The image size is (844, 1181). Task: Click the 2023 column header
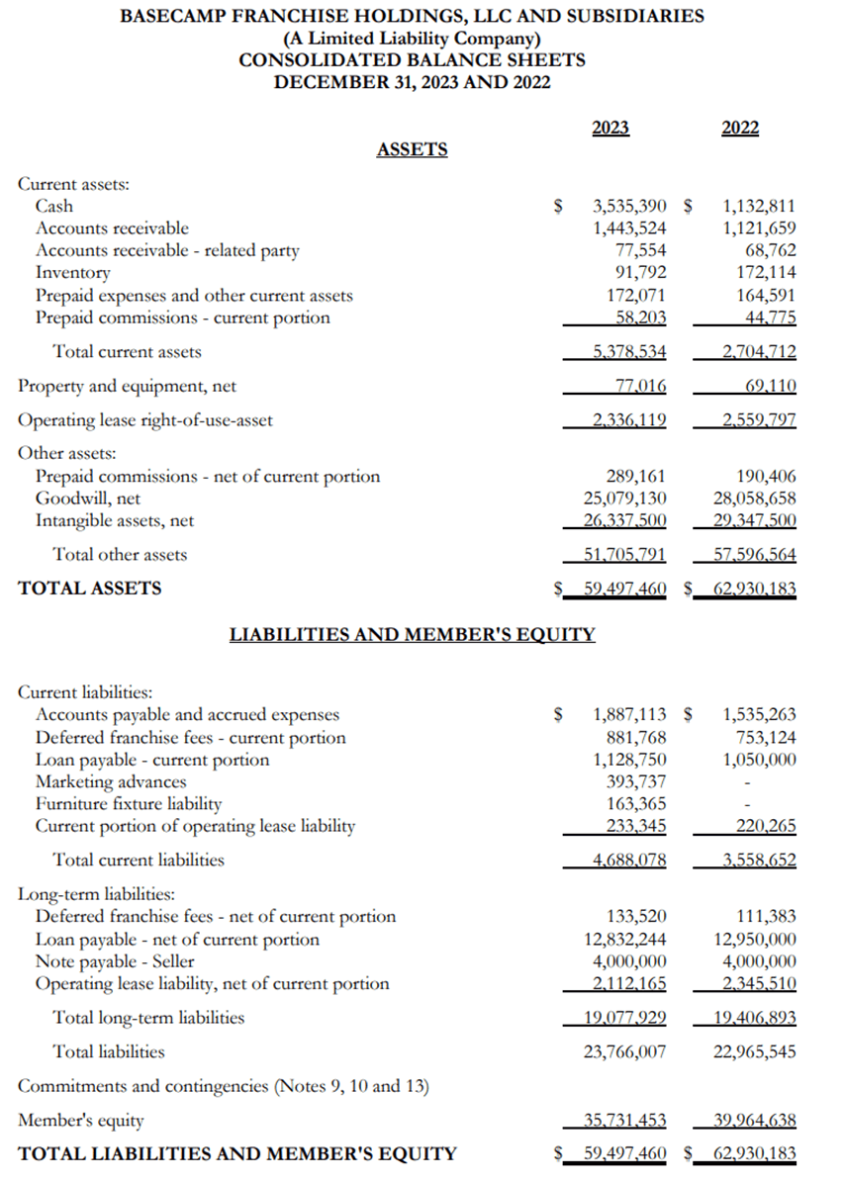click(x=610, y=128)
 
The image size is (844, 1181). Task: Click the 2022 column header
click(x=740, y=128)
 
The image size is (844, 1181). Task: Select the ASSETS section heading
click(x=412, y=149)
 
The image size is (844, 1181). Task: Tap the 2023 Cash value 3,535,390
click(x=629, y=207)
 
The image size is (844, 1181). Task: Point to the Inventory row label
click(x=73, y=272)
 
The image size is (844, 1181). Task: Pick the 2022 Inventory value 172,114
click(x=760, y=272)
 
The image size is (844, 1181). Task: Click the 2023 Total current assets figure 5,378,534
click(x=629, y=352)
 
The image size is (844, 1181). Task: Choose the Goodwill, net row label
click(x=88, y=499)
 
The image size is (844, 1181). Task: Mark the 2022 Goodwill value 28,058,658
click(x=754, y=499)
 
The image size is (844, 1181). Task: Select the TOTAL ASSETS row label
click(x=90, y=589)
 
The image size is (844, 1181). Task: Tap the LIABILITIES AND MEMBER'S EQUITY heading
click(x=412, y=634)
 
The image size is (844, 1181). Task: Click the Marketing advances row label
click(x=111, y=782)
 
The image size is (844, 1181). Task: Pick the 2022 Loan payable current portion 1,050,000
click(x=760, y=760)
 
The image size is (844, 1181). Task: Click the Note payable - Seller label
click(x=115, y=961)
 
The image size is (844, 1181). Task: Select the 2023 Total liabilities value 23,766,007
click(x=625, y=1052)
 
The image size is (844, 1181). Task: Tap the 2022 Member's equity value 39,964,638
click(x=754, y=1121)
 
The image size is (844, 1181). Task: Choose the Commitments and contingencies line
click(x=224, y=1086)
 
